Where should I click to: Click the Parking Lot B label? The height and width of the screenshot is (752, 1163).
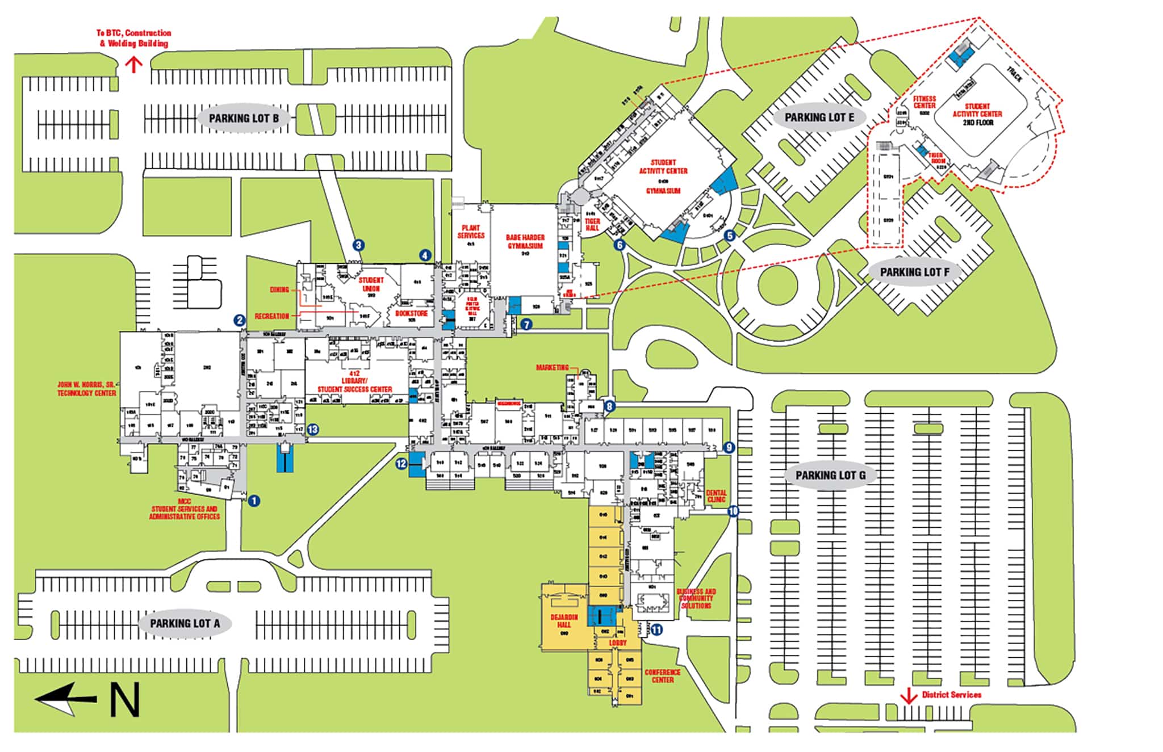(244, 119)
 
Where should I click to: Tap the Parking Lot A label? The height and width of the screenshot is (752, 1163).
(185, 623)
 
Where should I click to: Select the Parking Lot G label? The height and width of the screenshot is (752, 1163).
(830, 475)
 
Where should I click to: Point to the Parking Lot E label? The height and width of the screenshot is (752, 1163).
(819, 117)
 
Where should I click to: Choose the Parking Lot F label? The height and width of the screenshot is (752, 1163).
(914, 272)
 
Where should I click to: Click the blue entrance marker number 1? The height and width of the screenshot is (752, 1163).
(254, 501)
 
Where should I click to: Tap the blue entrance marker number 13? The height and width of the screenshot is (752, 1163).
(312, 430)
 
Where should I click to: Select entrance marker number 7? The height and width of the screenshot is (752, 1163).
(526, 325)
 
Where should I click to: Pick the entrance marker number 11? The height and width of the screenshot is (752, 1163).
(656, 629)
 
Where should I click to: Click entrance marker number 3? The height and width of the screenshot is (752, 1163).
(358, 245)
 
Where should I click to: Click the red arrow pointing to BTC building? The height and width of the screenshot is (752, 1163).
(133, 64)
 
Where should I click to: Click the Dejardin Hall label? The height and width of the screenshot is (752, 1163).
(564, 620)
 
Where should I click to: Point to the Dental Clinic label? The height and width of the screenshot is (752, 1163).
(716, 496)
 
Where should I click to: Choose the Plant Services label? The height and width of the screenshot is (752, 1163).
(471, 232)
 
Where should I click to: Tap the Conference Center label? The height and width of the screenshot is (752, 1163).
(662, 675)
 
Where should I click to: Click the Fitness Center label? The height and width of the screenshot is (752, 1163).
(924, 102)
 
